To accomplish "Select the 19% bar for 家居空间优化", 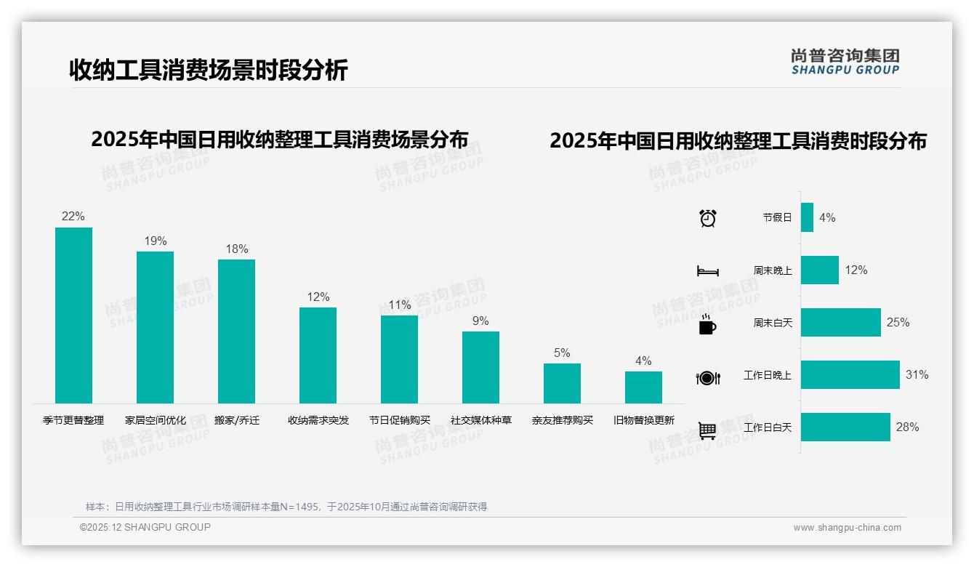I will coord(155,327).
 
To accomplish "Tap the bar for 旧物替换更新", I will coord(643,387).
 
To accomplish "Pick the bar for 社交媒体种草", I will coord(480,367).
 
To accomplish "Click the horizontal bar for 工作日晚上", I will coord(850,375).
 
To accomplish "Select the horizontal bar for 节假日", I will coord(807,217).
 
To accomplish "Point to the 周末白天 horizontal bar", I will coord(840,322).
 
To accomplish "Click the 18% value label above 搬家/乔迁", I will coord(236,249).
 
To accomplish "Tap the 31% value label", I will coord(917,375).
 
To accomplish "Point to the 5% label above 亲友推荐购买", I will coord(562,353).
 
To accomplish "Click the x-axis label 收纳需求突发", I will coord(318,420).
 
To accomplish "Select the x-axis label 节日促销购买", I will coord(400,420).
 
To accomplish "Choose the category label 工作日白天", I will coord(767,427).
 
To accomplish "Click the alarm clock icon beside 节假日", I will coord(707,217).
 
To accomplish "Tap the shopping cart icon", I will coord(707,430).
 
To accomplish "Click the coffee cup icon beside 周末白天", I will coord(707,323).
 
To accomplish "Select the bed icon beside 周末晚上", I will coord(707,271).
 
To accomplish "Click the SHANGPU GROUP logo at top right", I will coord(845,62).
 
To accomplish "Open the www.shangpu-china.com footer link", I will coord(847,528).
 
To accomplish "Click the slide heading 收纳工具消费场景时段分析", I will coord(209,71).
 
